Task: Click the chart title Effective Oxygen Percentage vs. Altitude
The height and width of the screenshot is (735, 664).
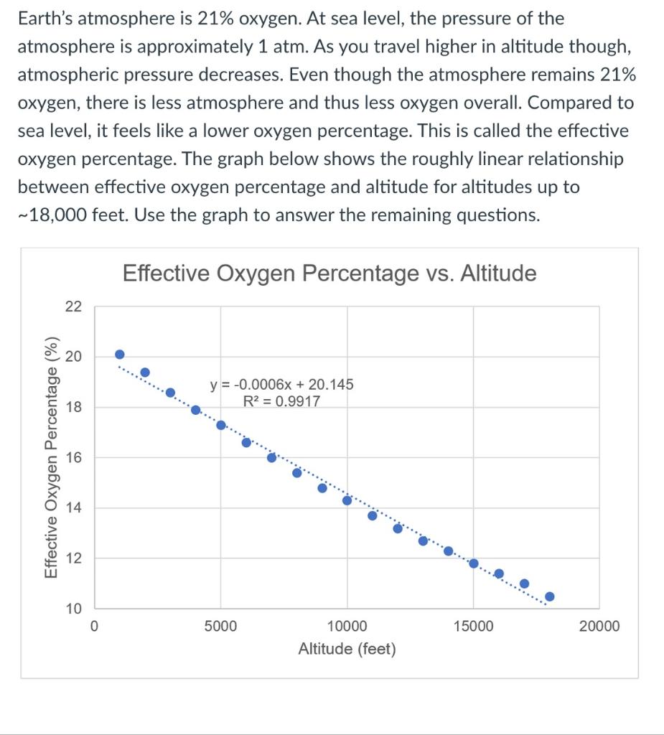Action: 329,273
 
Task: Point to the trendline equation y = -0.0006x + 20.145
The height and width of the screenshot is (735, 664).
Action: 281,385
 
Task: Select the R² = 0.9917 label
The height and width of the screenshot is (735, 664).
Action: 281,401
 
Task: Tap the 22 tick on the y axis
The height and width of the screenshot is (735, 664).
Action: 74,307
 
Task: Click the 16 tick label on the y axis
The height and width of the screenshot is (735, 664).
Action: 74,458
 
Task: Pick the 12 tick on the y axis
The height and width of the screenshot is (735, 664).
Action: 74,558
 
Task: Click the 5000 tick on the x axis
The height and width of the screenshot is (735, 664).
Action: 220,627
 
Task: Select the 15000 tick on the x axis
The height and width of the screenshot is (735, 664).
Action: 473,627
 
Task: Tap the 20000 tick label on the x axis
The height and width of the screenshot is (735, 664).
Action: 599,627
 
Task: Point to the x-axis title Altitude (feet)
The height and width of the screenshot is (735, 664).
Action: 347,650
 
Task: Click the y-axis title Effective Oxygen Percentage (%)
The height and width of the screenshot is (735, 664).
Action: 50,457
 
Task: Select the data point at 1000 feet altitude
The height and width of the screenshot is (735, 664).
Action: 120,355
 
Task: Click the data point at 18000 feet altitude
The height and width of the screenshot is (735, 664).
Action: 550,596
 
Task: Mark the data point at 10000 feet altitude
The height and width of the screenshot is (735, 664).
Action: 347,500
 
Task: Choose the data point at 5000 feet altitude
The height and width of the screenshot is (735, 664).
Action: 221,425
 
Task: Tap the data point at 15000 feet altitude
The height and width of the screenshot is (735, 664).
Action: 474,563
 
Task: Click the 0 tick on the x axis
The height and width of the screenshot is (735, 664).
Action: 93,627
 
